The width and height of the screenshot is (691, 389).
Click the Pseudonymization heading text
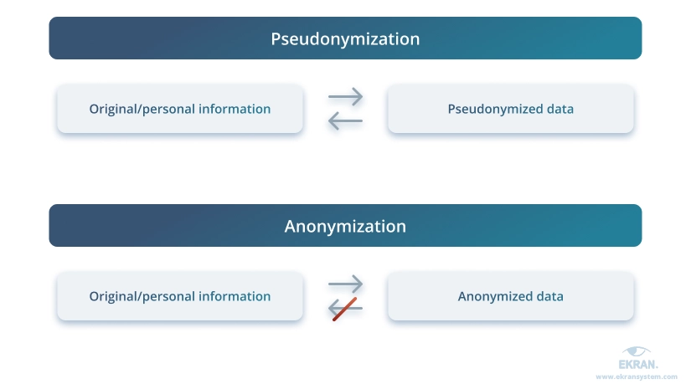pyautogui.click(x=345, y=39)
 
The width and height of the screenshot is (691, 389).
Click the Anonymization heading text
pyautogui.click(x=345, y=226)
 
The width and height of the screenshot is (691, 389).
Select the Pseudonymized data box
pyautogui.click(x=511, y=109)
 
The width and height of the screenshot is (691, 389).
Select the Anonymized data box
pyautogui.click(x=511, y=296)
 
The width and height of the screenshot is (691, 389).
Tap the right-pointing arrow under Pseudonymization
pyautogui.click(x=345, y=96)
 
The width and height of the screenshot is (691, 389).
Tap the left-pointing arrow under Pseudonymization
pyautogui.click(x=345, y=120)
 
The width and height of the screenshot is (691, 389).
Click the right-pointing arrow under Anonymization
pyautogui.click(x=345, y=284)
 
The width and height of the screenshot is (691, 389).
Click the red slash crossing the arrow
pyautogui.click(x=344, y=310)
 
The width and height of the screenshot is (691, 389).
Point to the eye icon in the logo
pyautogui.click(x=637, y=351)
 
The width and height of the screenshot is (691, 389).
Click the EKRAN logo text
pyautogui.click(x=638, y=365)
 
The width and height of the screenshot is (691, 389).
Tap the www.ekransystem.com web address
pyautogui.click(x=637, y=376)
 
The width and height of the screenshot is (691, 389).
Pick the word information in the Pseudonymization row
pyautogui.click(x=235, y=109)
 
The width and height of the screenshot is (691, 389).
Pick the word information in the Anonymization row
pyautogui.click(x=235, y=296)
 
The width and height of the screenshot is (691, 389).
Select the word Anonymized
pyautogui.click(x=495, y=297)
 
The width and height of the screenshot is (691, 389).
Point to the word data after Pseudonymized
pyautogui.click(x=560, y=109)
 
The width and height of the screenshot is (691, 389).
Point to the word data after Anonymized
pyautogui.click(x=550, y=296)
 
